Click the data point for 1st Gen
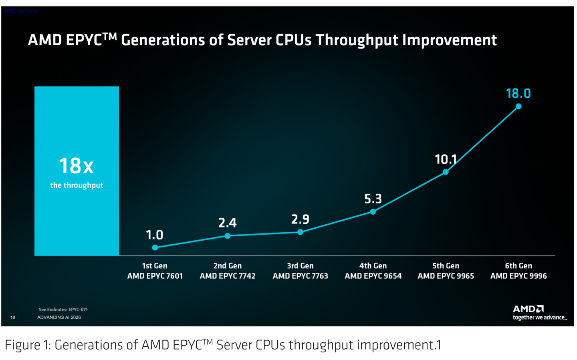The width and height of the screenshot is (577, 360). coord(155,248)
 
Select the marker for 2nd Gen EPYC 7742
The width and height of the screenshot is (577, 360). coord(228,236)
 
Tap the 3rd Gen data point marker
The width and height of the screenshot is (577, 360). coord(301,232)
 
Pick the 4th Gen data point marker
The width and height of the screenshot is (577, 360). coord(373,212)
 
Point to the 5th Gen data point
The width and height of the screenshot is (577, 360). coord(446,172)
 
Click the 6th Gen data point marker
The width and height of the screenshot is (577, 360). coord(518,107)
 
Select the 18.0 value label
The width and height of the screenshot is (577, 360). coord(518,93)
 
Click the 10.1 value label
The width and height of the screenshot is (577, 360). coord(446,159)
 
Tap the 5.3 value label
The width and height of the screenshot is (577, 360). coord(373,199)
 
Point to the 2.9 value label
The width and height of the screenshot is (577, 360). coord(301,219)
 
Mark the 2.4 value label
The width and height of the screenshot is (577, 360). coord(228,223)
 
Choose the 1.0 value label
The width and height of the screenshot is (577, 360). coord(155,235)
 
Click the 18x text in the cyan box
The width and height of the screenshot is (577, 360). coord(76,166)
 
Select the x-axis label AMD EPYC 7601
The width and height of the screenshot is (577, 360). coord(155,276)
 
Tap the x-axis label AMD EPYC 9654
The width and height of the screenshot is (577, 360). coord(373,276)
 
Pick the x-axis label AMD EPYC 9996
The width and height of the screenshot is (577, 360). coord(518,276)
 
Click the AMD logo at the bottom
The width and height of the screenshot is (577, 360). coord(528,309)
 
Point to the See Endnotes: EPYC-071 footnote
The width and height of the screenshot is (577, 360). coord(63,310)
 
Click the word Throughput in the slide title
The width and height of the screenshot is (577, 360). coord(357,40)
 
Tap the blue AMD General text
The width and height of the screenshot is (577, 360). coord(20,11)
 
